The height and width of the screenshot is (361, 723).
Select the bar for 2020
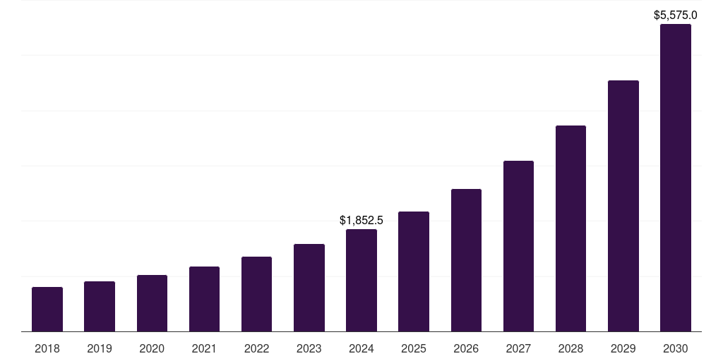pos(152,303)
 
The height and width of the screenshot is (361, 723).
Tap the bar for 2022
pos(256,294)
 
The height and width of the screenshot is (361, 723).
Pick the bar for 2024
pos(361,280)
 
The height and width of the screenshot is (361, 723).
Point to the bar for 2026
pos(466,260)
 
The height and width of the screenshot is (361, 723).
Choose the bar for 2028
pos(570,228)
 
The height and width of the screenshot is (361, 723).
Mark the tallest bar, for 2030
pos(676,178)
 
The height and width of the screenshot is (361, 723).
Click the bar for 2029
pos(623,206)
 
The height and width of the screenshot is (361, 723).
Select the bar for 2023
pos(309,288)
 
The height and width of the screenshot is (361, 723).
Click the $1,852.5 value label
pos(361,221)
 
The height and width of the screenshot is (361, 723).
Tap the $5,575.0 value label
pos(676,15)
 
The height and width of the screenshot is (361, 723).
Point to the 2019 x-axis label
pos(100,348)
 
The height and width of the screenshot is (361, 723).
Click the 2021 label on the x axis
pos(204,348)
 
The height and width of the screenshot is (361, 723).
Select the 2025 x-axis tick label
pos(414,348)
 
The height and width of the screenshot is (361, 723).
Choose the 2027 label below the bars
pos(518,348)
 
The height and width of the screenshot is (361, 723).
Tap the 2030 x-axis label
pos(676,348)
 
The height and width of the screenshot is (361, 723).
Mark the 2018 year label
pos(47,348)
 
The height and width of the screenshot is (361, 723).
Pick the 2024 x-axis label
pos(361,348)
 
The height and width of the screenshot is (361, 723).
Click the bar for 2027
pos(518,246)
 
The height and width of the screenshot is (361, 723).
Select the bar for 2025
pos(414,271)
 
